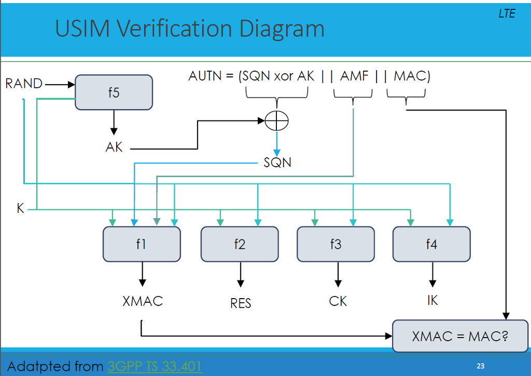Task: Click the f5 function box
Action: pos(114,92)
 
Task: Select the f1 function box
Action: pos(142,244)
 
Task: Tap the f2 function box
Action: pos(240,244)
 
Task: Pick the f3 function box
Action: pos(336,244)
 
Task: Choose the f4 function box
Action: pos(431,244)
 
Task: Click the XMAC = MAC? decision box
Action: pos(459,336)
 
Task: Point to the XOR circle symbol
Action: pos(276,122)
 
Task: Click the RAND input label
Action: pos(24,83)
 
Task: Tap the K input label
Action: pos(21,209)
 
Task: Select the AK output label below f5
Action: pos(114,147)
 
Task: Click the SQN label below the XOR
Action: pos(277,163)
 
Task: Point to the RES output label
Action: pos(241,303)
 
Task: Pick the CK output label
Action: pos(338,301)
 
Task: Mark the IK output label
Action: pos(432,301)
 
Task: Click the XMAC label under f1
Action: pos(143,301)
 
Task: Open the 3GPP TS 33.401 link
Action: pos(155,367)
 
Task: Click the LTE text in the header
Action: pos(507,14)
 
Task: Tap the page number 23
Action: pos(480,366)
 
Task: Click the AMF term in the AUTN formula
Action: pos(354,76)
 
